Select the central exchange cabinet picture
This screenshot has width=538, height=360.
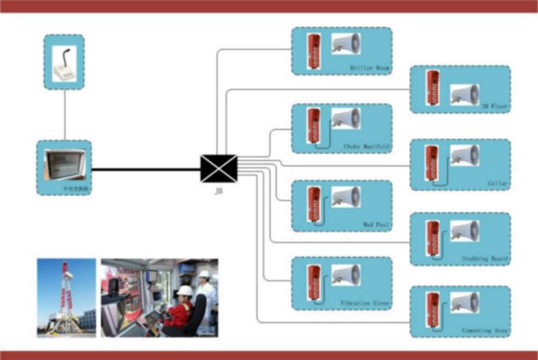(x=64, y=166)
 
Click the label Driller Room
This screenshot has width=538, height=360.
(x=369, y=69)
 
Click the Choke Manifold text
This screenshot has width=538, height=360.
(x=366, y=146)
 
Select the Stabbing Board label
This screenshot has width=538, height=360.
(x=486, y=258)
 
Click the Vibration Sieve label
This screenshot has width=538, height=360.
(x=364, y=303)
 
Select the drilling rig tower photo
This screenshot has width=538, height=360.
(x=66, y=297)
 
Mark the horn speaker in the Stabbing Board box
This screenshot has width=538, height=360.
(x=464, y=232)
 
